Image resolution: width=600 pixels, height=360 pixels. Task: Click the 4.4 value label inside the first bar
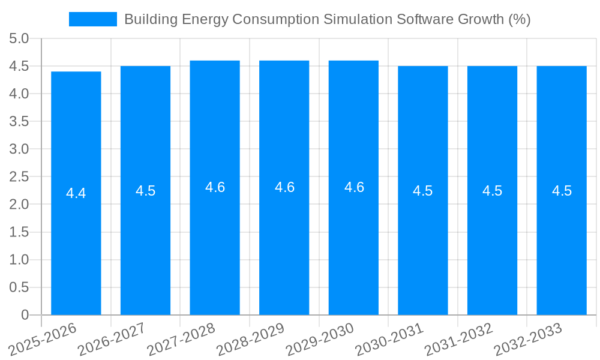coord(76,194)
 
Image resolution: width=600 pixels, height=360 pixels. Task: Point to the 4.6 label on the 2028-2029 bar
coord(284,187)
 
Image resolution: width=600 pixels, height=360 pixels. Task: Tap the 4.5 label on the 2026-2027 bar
coord(145,191)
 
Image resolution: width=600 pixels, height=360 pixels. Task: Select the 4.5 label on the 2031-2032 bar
coord(492,191)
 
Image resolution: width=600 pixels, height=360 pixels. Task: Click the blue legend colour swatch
coord(93,19)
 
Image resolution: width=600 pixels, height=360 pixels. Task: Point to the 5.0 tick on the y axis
coord(19,38)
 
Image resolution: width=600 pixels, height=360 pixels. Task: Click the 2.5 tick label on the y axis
coord(19,176)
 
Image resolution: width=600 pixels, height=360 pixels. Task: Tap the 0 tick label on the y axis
coord(25,314)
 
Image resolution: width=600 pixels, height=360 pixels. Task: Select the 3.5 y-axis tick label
coord(19,121)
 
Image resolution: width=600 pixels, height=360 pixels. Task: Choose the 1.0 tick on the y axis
coord(19,259)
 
